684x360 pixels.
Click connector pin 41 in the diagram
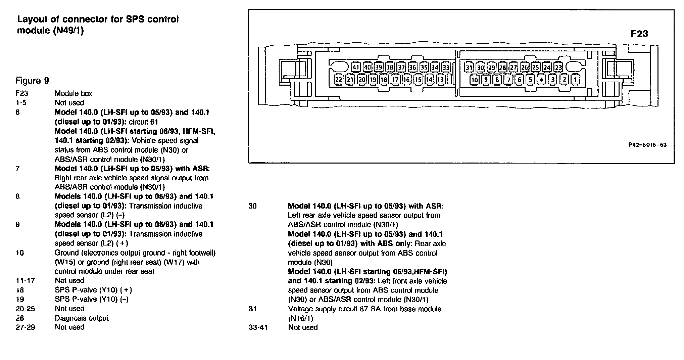(x=356, y=67)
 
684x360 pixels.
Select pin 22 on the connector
(x=339, y=80)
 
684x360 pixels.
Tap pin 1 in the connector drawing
(x=575, y=80)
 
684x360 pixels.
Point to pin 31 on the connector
(x=469, y=67)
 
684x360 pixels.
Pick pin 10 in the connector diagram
(x=475, y=80)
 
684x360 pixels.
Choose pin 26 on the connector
(x=525, y=67)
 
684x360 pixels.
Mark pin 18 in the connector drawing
(x=384, y=80)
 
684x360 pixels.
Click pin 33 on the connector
(x=446, y=67)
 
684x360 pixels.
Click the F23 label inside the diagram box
(x=639, y=34)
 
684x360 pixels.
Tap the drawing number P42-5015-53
(x=647, y=145)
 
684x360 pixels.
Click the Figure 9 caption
(x=32, y=81)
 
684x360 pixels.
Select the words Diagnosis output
(x=82, y=318)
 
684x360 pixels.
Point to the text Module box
(x=73, y=94)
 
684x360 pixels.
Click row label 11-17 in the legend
(x=25, y=281)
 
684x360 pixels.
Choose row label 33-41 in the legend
(x=258, y=327)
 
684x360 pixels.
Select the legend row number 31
(x=253, y=309)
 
